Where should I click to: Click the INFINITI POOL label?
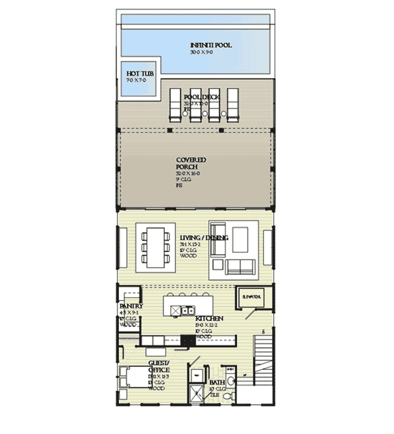(211, 46)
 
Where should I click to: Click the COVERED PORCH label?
(191, 164)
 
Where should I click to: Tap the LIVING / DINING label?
(203, 238)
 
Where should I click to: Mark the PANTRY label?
(131, 306)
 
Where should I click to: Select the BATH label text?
(217, 382)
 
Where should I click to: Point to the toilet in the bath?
(229, 395)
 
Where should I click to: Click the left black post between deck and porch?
(169, 131)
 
